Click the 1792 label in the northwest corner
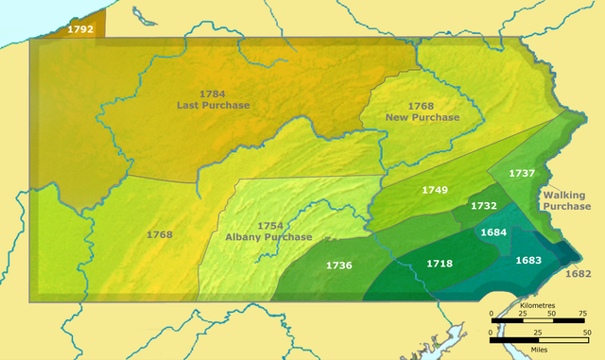(80, 29)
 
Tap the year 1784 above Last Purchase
(214, 94)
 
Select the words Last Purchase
(214, 105)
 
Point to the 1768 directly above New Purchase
(422, 106)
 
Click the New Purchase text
(422, 117)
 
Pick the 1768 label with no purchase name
(160, 233)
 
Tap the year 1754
(269, 226)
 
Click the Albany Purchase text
(269, 237)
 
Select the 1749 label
(435, 190)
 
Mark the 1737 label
(522, 173)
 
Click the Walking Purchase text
(566, 200)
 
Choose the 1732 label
(484, 206)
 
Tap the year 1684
(494, 231)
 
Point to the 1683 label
(528, 259)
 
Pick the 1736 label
(338, 266)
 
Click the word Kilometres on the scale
(536, 307)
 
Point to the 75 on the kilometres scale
(583, 313)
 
